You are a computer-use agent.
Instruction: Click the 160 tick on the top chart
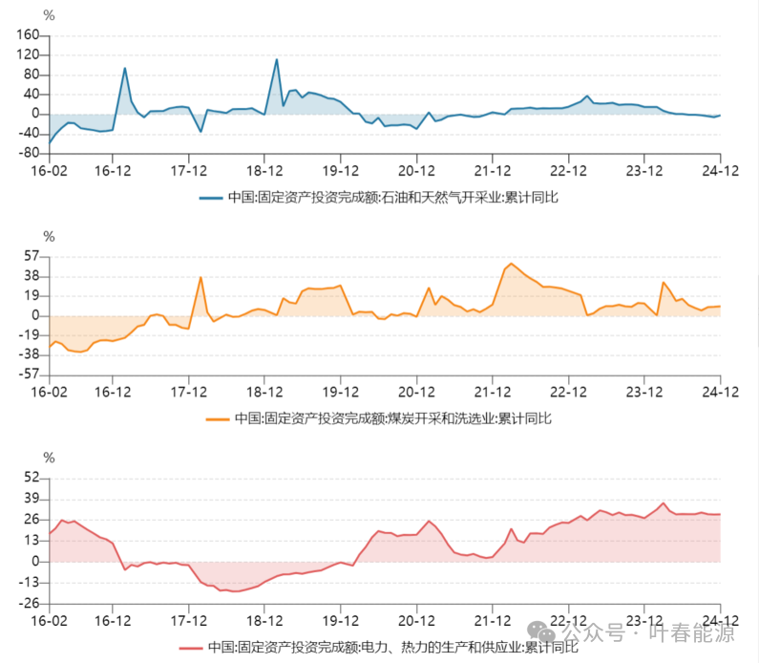click(x=27, y=35)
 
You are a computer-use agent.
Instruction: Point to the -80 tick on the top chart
click(x=27, y=153)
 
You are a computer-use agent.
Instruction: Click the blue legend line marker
click(x=212, y=198)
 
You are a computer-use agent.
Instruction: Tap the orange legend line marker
click(x=218, y=418)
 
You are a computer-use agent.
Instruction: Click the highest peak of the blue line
click(x=277, y=59)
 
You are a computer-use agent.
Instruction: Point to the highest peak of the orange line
click(x=512, y=263)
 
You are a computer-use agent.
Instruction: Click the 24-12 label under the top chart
click(x=720, y=172)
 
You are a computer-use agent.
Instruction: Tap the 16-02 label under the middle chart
click(x=50, y=393)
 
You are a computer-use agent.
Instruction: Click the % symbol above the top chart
click(x=49, y=15)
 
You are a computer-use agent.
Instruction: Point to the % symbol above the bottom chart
click(x=49, y=458)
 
